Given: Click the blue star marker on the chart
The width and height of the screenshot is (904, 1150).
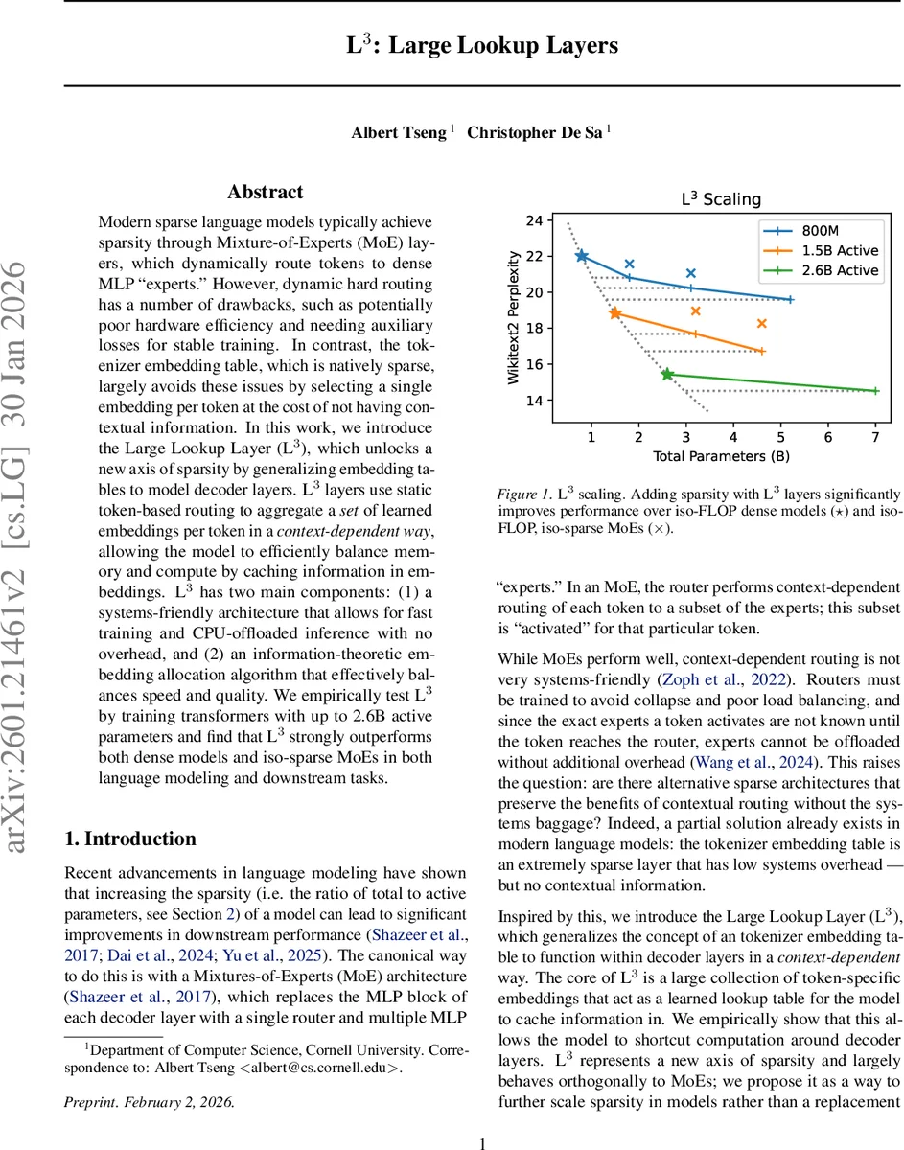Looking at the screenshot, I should point(582,256).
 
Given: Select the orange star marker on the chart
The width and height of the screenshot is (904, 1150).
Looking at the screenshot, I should point(614,313).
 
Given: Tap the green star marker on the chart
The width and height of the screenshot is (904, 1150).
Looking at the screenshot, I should point(667,374).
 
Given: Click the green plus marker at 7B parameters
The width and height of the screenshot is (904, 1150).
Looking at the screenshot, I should point(875,390).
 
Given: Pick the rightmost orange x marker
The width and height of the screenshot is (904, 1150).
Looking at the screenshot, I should point(761,324).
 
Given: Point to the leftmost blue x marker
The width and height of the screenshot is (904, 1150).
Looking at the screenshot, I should point(629,264).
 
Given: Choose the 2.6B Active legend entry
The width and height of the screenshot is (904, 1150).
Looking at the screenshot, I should point(825,270).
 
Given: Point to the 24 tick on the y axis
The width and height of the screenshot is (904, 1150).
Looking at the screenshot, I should point(534,220).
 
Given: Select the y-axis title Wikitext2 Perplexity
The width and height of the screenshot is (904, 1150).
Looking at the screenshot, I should point(515,318).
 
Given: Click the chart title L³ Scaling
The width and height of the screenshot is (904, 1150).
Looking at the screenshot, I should point(720,199).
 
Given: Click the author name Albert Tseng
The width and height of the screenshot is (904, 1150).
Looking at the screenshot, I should point(398,132).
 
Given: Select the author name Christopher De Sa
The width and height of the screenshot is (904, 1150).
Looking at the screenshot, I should point(534,132).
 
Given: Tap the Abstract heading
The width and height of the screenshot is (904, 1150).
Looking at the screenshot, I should point(266,193).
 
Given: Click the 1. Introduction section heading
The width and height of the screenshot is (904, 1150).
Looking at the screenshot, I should point(129,839).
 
